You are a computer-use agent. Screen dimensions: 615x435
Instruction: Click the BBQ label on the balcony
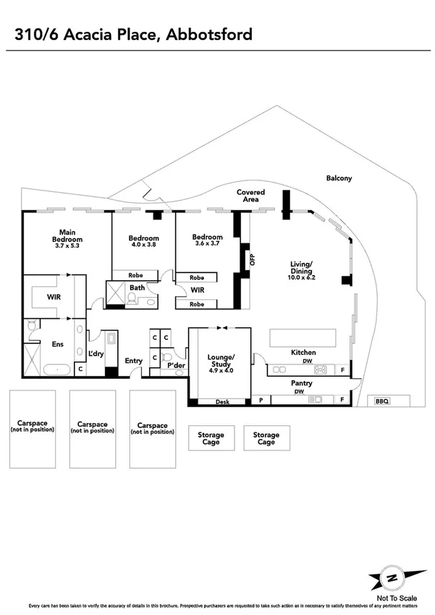tap(382, 401)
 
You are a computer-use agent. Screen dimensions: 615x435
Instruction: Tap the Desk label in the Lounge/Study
tap(222, 401)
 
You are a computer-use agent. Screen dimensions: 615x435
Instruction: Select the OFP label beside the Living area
tap(253, 259)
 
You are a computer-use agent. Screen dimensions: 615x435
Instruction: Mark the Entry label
tap(134, 361)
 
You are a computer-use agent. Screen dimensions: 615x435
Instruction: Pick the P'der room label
tap(174, 366)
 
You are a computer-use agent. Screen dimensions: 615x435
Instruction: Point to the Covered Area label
tap(251, 196)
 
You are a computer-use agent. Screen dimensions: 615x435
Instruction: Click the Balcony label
tap(339, 178)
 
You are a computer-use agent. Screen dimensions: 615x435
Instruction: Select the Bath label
tap(138, 288)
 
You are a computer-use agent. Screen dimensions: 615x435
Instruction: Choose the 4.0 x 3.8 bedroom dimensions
tap(143, 244)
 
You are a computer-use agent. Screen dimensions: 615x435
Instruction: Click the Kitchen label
tap(303, 352)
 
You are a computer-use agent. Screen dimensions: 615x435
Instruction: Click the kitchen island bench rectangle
tap(303, 338)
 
